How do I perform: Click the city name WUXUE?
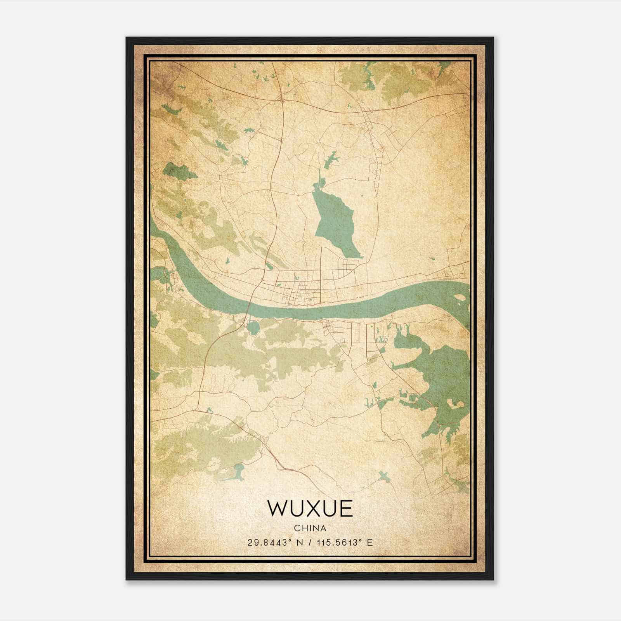[x=310, y=508]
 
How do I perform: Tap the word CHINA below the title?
[x=310, y=528]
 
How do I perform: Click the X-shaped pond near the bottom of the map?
[x=383, y=476]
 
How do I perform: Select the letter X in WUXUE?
[x=310, y=508]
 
